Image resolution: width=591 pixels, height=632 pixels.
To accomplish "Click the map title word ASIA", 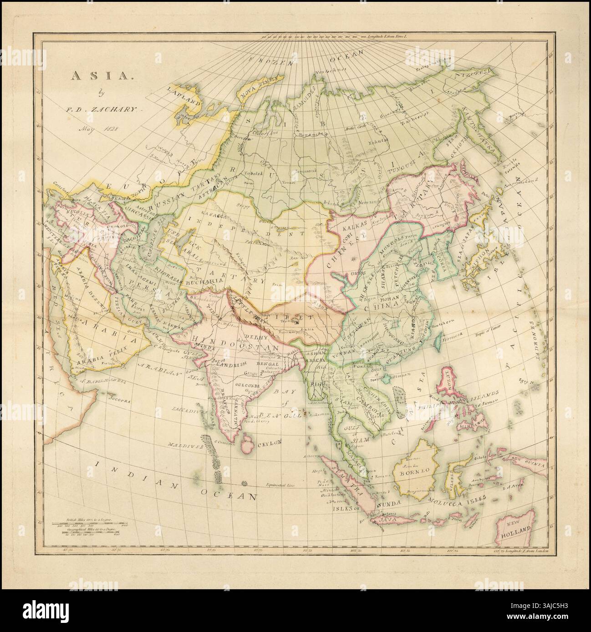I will pos(85,76).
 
